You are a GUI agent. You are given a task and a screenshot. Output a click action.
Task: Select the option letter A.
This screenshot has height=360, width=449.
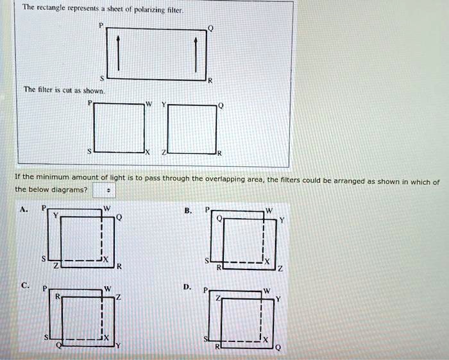(x=24, y=209)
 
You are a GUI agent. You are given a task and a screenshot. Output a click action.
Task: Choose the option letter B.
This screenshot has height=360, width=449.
(x=187, y=209)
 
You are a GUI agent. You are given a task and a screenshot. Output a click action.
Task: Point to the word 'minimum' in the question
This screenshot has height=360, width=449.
(x=57, y=176)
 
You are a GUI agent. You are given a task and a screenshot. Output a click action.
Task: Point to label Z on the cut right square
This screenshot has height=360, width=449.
(x=164, y=152)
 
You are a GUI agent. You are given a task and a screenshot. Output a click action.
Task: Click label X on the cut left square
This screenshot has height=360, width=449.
(x=148, y=152)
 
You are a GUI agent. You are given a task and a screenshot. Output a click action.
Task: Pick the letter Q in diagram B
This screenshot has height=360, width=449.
(x=218, y=218)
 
